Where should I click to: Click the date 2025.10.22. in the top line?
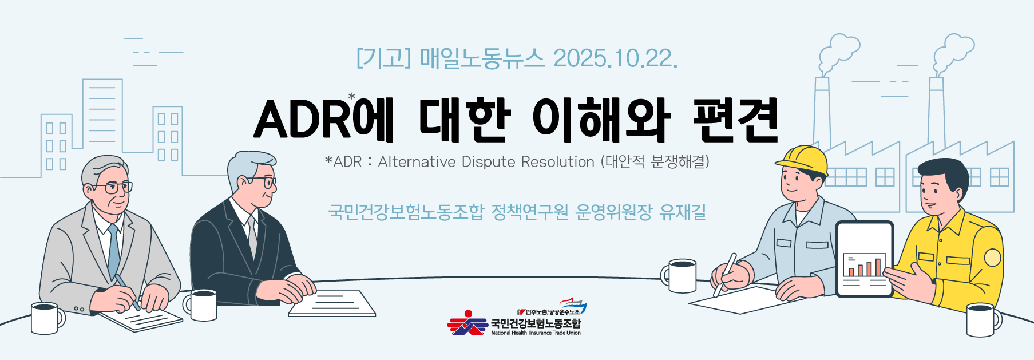(615, 58)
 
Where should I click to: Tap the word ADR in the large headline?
(303, 120)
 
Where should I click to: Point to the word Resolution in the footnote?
(558, 162)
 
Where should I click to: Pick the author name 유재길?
(683, 212)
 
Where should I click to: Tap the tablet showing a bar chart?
(865, 259)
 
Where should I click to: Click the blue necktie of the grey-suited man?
(114, 252)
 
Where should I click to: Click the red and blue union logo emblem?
(468, 323)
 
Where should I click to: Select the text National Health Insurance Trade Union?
(536, 333)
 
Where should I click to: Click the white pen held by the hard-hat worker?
(724, 275)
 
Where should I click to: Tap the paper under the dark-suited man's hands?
(332, 303)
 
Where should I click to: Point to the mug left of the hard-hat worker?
(679, 276)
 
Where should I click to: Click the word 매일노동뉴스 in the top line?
(482, 58)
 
